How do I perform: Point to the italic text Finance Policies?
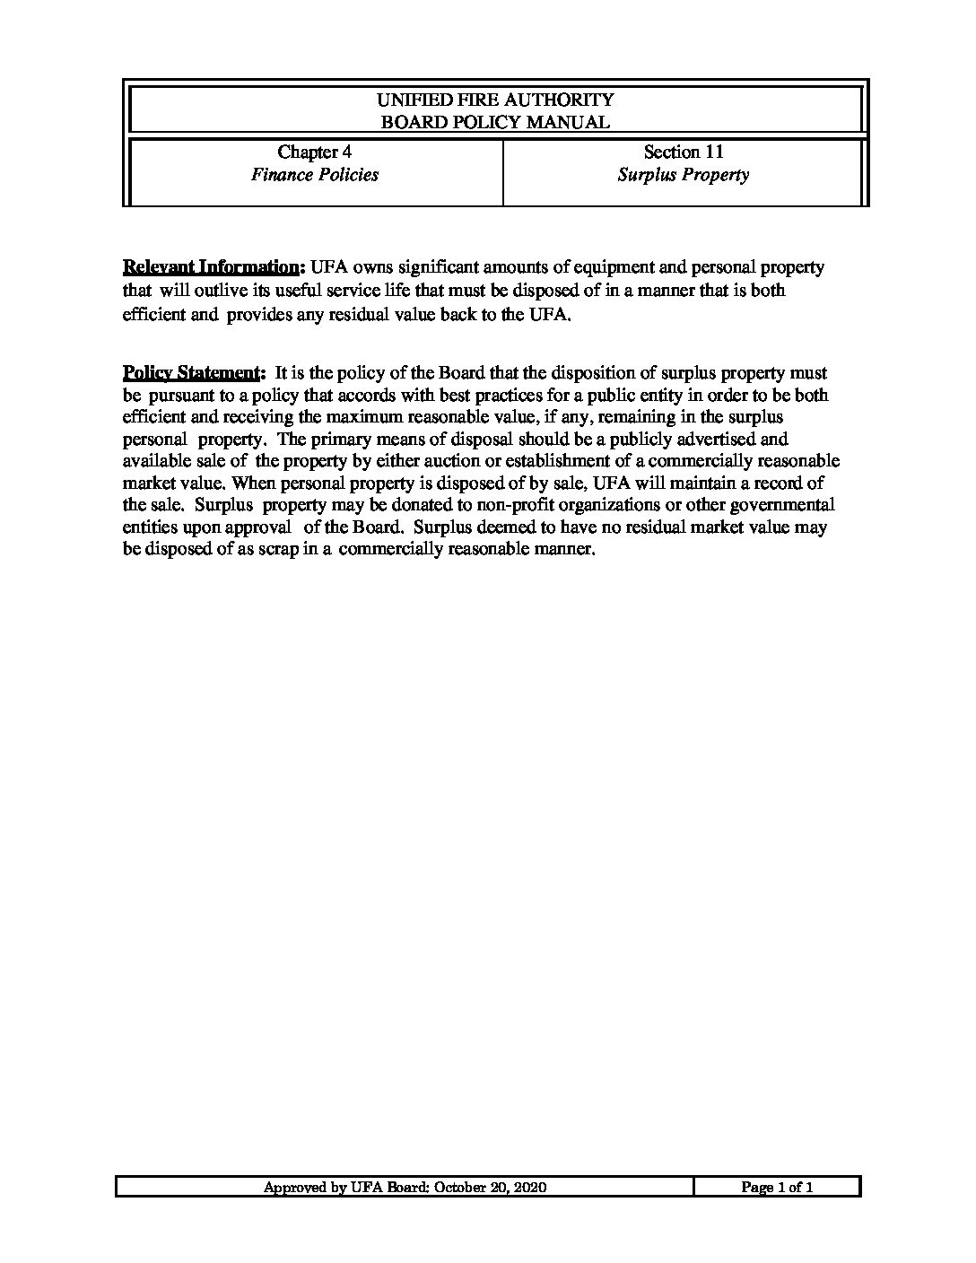point(314,175)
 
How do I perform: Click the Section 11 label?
point(684,152)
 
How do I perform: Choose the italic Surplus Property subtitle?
point(684,175)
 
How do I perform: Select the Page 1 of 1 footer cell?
point(777,1188)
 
